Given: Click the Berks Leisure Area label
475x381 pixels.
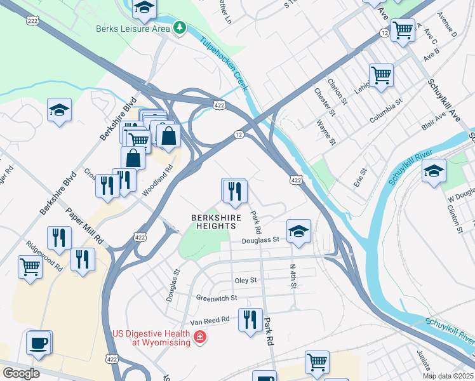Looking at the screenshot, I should click(133, 29).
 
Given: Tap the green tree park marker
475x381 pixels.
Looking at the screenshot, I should click(181, 28).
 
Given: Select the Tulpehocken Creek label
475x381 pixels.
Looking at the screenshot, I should click(223, 64).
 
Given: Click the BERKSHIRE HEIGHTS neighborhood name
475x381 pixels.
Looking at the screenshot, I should click(216, 223).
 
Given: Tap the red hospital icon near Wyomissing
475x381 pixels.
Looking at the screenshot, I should click(200, 336).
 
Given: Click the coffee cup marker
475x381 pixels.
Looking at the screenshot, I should click(38, 343).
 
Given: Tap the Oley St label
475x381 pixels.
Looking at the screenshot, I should click(245, 280).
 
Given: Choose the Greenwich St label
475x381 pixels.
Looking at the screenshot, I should click(216, 297).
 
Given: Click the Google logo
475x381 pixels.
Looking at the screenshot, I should click(22, 373).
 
